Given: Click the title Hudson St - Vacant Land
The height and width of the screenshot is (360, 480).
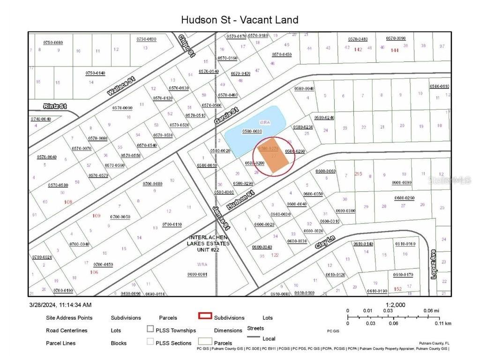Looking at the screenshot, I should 240,20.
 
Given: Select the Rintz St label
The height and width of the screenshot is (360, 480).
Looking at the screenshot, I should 55,106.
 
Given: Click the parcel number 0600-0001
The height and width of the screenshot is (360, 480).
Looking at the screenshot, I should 197,274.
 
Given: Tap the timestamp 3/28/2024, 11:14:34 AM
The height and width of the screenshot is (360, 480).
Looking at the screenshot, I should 60,305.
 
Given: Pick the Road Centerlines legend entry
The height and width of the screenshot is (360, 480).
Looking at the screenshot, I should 67,330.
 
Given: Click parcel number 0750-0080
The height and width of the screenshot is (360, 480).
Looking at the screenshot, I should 53,43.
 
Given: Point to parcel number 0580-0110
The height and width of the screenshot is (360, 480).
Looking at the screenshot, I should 439,86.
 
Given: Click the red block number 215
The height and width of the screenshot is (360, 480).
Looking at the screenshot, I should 359,174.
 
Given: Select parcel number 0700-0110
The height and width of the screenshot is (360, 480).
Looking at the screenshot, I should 172,225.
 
